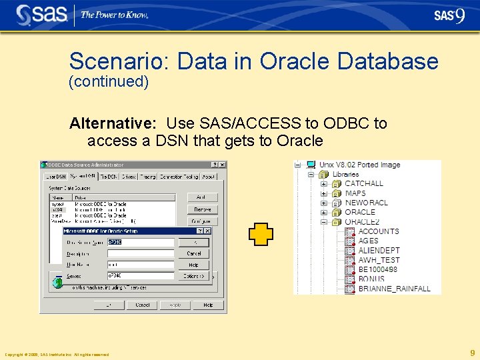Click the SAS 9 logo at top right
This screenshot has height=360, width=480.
[449, 15]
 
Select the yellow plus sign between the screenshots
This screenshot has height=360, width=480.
[261, 234]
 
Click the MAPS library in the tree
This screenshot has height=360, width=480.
[355, 193]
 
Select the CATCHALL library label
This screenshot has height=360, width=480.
[363, 183]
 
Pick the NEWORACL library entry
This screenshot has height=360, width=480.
[366, 203]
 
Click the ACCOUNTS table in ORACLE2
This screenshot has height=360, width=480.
[378, 231]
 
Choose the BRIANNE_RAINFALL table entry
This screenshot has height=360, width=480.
[394, 289]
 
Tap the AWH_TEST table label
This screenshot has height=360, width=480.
[379, 260]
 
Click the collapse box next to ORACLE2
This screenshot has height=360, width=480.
[324, 222]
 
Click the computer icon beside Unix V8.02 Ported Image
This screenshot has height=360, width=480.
[311, 165]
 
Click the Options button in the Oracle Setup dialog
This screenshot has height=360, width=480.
[194, 276]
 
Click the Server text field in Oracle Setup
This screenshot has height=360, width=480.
[140, 275]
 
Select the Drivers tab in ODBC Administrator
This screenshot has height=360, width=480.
[128, 177]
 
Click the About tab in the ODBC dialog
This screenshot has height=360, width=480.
[209, 177]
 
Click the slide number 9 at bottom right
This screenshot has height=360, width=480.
[472, 353]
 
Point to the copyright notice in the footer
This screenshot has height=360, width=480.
[57, 355]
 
